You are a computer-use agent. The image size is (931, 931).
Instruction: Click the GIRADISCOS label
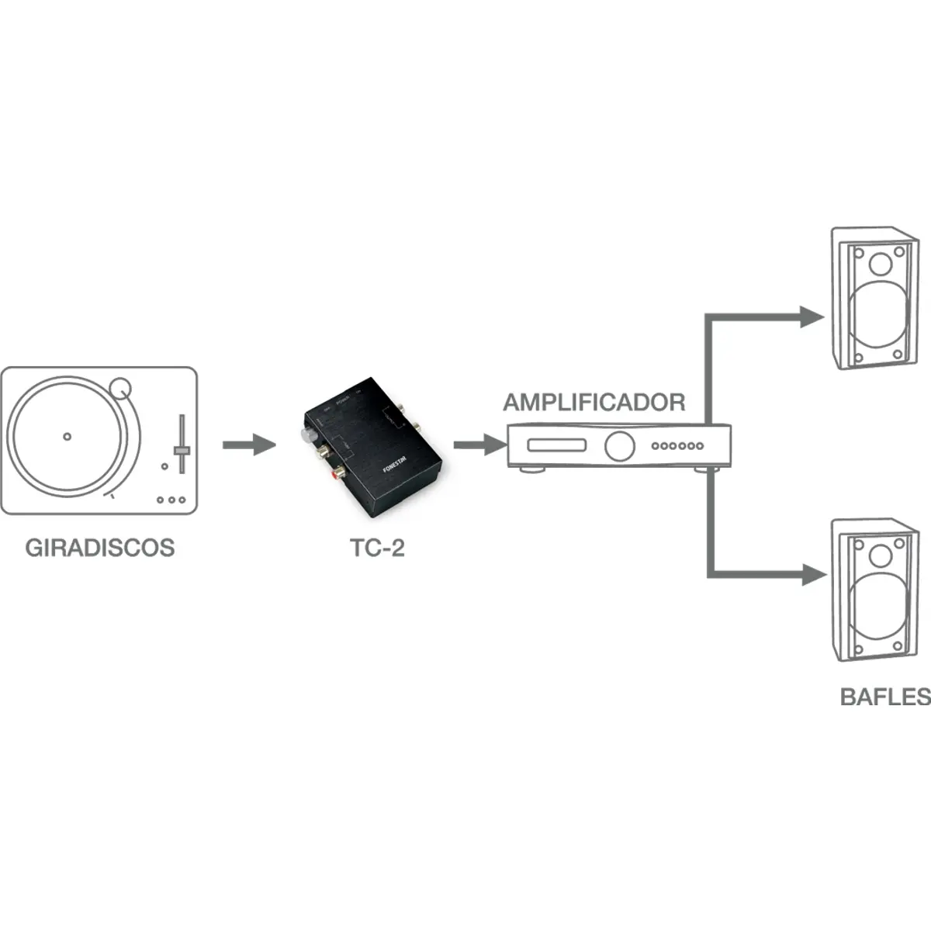(x=100, y=548)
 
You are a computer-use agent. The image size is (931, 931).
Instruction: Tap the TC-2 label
(x=378, y=548)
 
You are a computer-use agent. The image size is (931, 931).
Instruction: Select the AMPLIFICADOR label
(x=594, y=402)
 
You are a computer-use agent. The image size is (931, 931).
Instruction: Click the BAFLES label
(x=885, y=696)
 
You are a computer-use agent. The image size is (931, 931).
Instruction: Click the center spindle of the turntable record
(x=67, y=436)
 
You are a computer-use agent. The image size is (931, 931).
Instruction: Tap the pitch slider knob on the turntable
(x=182, y=450)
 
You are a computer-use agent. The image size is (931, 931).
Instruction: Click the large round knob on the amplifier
(x=619, y=445)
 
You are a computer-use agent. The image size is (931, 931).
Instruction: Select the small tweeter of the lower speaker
(x=881, y=555)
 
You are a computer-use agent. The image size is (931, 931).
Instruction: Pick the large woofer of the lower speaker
(x=879, y=611)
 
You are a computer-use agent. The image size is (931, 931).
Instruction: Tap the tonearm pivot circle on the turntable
(x=120, y=386)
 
